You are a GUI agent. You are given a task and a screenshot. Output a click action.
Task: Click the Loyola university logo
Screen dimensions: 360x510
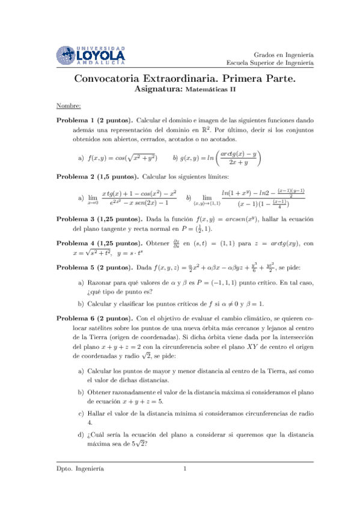pos(90,55)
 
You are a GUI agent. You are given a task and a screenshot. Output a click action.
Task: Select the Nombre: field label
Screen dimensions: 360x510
pos(69,106)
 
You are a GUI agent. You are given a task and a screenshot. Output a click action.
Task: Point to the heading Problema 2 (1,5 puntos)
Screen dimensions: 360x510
pos(97,177)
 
